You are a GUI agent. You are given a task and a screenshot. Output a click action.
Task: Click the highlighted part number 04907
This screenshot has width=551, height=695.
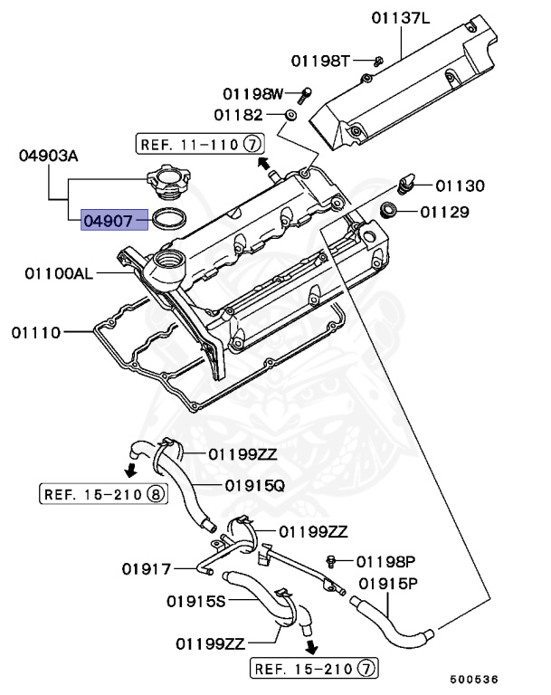pyautogui.click(x=114, y=218)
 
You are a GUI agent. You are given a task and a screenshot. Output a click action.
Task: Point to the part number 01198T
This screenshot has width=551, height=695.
pyautogui.click(x=320, y=61)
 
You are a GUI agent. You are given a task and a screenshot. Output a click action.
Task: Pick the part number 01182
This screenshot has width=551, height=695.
pyautogui.click(x=238, y=115)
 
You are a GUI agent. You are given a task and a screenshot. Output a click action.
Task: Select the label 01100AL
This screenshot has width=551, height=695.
pyautogui.click(x=59, y=272)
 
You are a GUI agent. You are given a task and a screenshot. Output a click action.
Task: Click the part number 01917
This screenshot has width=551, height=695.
pyautogui.click(x=147, y=568)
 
